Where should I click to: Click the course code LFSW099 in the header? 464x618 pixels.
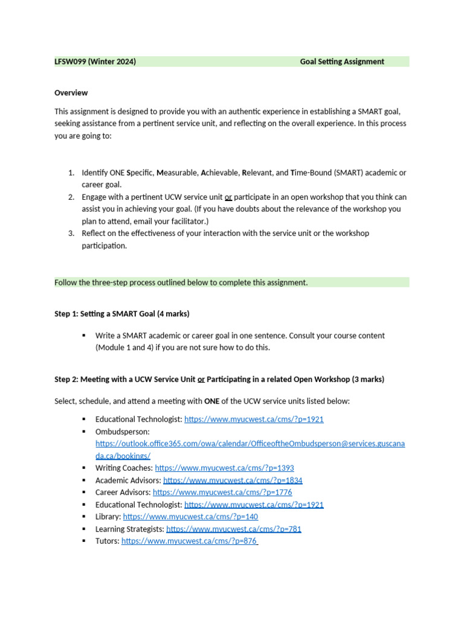point(69,62)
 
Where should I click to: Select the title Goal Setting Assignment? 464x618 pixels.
point(342,62)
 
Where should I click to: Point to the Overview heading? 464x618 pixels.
point(71,93)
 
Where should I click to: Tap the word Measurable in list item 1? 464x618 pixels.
point(177,173)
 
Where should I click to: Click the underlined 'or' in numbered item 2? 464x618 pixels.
point(228,197)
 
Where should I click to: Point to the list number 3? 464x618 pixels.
point(70,234)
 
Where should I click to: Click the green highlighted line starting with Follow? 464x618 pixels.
point(181,282)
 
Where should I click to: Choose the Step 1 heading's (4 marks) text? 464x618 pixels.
point(173,313)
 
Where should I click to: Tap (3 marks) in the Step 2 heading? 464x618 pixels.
point(364,380)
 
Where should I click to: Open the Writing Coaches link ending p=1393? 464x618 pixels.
point(224,468)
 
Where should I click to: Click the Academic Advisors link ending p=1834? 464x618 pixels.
point(233,480)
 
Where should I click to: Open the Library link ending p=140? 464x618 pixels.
point(190,517)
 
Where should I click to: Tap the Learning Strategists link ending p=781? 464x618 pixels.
point(233,529)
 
